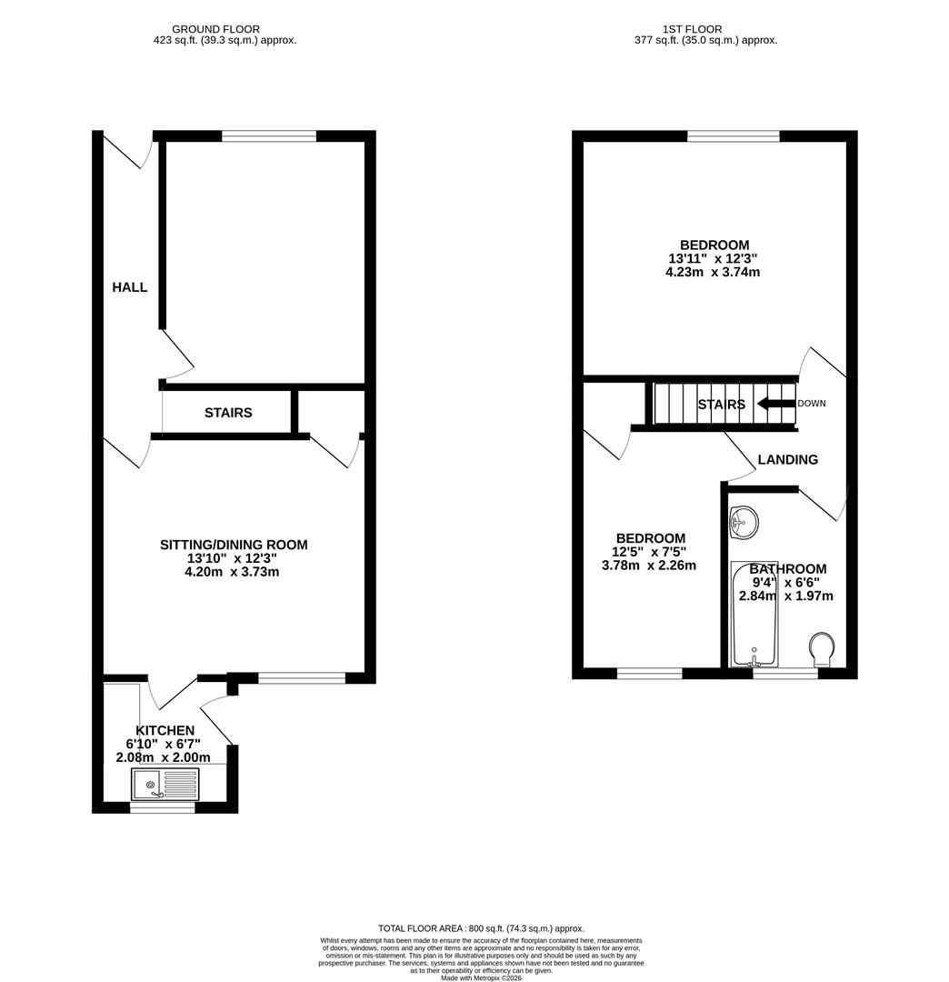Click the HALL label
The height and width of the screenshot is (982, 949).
pyautogui.click(x=129, y=287)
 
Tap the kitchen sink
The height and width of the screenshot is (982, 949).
pyautogui.click(x=165, y=784)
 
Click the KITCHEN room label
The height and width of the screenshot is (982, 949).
pyautogui.click(x=165, y=730)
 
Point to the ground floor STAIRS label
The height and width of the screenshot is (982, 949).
pyautogui.click(x=228, y=413)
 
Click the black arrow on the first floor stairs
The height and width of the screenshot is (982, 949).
pyautogui.click(x=774, y=404)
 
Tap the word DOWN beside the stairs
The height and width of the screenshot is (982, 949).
pyautogui.click(x=812, y=404)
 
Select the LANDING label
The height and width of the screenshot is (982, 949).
pyautogui.click(x=787, y=460)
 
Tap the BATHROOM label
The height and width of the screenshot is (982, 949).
pyautogui.click(x=788, y=569)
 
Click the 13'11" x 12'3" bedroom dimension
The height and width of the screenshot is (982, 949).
pyautogui.click(x=714, y=258)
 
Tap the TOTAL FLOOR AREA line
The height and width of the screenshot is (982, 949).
pyautogui.click(x=481, y=928)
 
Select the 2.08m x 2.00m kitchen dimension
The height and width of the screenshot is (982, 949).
pyautogui.click(x=164, y=757)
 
